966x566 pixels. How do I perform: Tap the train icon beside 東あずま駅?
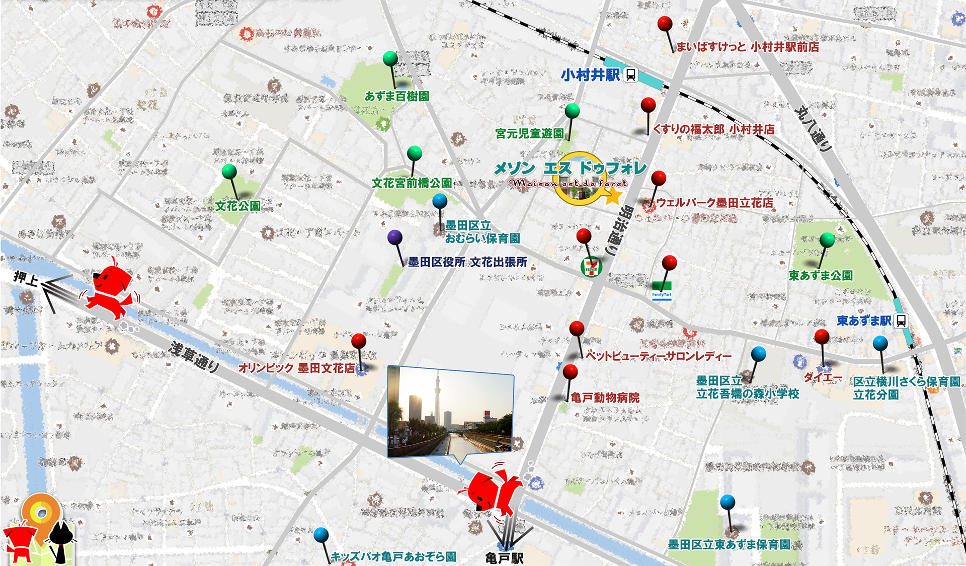(901, 320)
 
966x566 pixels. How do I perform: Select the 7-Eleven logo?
(591, 267)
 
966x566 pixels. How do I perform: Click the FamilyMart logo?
(662, 291)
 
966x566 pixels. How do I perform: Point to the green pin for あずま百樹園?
(390, 59)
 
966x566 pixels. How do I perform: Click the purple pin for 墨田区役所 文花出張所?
(395, 237)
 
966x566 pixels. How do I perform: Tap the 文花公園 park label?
(238, 206)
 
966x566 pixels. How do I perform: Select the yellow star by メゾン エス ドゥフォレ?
(612, 196)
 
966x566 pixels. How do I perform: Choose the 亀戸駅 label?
(504, 558)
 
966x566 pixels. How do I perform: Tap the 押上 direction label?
(26, 278)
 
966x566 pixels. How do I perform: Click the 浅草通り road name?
(194, 357)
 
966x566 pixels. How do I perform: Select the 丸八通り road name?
(812, 128)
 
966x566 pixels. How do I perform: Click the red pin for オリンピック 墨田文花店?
(359, 341)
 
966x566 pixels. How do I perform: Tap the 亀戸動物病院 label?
(605, 398)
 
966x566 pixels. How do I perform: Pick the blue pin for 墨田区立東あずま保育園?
(728, 502)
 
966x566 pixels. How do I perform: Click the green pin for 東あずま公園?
(827, 240)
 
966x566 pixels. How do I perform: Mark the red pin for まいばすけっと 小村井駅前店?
(665, 24)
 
